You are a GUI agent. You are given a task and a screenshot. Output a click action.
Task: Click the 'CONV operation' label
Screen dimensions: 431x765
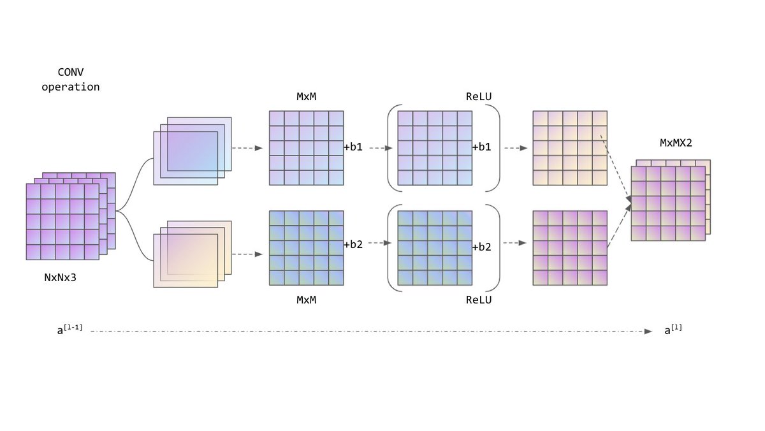[x=71, y=79]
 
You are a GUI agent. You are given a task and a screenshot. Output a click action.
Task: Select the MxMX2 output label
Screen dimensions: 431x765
[x=676, y=143]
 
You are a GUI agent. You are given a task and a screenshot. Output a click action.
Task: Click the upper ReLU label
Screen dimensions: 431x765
[x=479, y=97]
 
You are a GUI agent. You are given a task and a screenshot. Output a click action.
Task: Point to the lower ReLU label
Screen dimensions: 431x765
[x=479, y=299]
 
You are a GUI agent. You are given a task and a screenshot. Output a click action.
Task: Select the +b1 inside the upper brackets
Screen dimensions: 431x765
[x=482, y=147]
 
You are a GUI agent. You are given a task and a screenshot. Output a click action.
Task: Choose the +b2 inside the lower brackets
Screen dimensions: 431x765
[x=482, y=247]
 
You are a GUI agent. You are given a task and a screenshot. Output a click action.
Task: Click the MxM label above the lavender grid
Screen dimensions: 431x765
[x=306, y=97]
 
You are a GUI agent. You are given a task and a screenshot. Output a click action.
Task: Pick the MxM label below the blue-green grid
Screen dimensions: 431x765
[x=306, y=299]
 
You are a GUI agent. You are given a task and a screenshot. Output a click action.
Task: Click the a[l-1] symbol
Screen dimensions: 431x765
[x=69, y=330]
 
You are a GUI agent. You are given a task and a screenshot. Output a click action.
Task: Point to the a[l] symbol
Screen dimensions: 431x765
[x=673, y=330]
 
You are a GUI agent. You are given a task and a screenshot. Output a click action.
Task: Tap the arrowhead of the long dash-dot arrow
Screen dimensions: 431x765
[x=648, y=332]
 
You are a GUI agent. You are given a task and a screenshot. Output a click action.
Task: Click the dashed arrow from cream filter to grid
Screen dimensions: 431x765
[x=247, y=254]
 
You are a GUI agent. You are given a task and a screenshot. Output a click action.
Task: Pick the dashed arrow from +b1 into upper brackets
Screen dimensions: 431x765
[x=379, y=148]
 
